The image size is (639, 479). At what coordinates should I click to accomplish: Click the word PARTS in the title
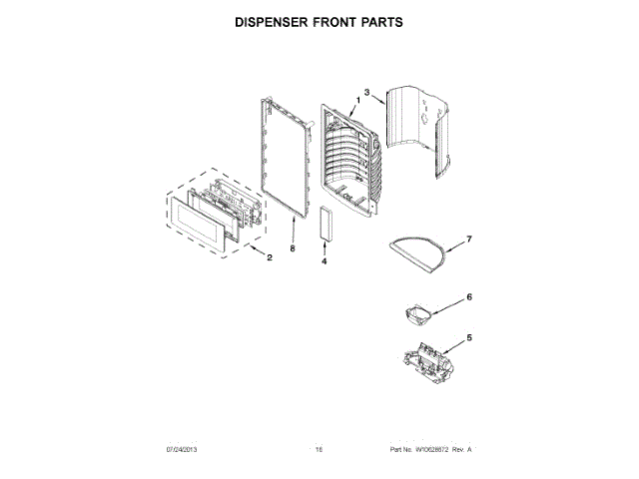coord(379,20)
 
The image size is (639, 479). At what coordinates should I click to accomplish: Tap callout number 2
coord(269,256)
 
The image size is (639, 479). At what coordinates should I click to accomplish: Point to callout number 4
coord(324,261)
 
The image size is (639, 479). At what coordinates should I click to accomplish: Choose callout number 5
coord(470,337)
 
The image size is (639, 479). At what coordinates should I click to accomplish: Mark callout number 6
coord(469,296)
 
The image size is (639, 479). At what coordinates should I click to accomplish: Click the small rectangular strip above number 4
coord(325,224)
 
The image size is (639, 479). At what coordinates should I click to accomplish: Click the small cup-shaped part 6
coord(417,314)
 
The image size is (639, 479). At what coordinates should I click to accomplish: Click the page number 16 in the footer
coord(319,450)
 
